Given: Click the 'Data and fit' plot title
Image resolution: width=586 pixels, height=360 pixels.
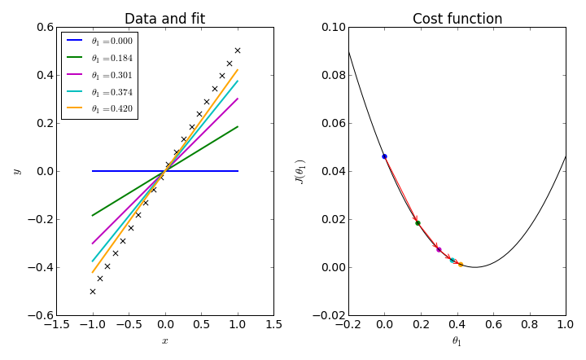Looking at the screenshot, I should pyautogui.click(x=164, y=19).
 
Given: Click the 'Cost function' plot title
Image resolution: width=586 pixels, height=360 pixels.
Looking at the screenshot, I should pyautogui.click(x=457, y=19).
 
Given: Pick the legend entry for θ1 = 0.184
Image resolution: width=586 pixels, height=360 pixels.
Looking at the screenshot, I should pyautogui.click(x=98, y=58).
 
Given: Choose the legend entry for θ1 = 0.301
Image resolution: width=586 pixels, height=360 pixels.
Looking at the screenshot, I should pyautogui.click(x=98, y=75).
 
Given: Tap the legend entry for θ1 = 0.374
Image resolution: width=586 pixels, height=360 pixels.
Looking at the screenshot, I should pyautogui.click(x=98, y=92).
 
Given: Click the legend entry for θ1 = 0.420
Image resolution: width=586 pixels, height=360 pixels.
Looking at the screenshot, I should pyautogui.click(x=98, y=108).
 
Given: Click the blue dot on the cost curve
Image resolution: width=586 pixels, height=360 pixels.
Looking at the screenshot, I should pyautogui.click(x=384, y=156).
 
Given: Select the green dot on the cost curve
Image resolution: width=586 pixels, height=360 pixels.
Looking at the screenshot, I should pyautogui.click(x=418, y=223).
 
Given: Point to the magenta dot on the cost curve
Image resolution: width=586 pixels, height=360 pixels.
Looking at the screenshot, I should pyautogui.click(x=439, y=249).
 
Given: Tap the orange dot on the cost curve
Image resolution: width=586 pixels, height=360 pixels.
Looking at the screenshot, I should pyautogui.click(x=461, y=264).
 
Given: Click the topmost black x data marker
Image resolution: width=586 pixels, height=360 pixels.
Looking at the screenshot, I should pyautogui.click(x=238, y=50).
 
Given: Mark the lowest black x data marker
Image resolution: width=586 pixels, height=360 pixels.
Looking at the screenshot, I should pyautogui.click(x=92, y=292).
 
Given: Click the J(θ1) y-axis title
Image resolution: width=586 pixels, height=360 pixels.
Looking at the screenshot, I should pyautogui.click(x=300, y=171).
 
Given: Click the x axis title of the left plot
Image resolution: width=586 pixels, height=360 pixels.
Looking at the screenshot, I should pyautogui.click(x=164, y=341).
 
